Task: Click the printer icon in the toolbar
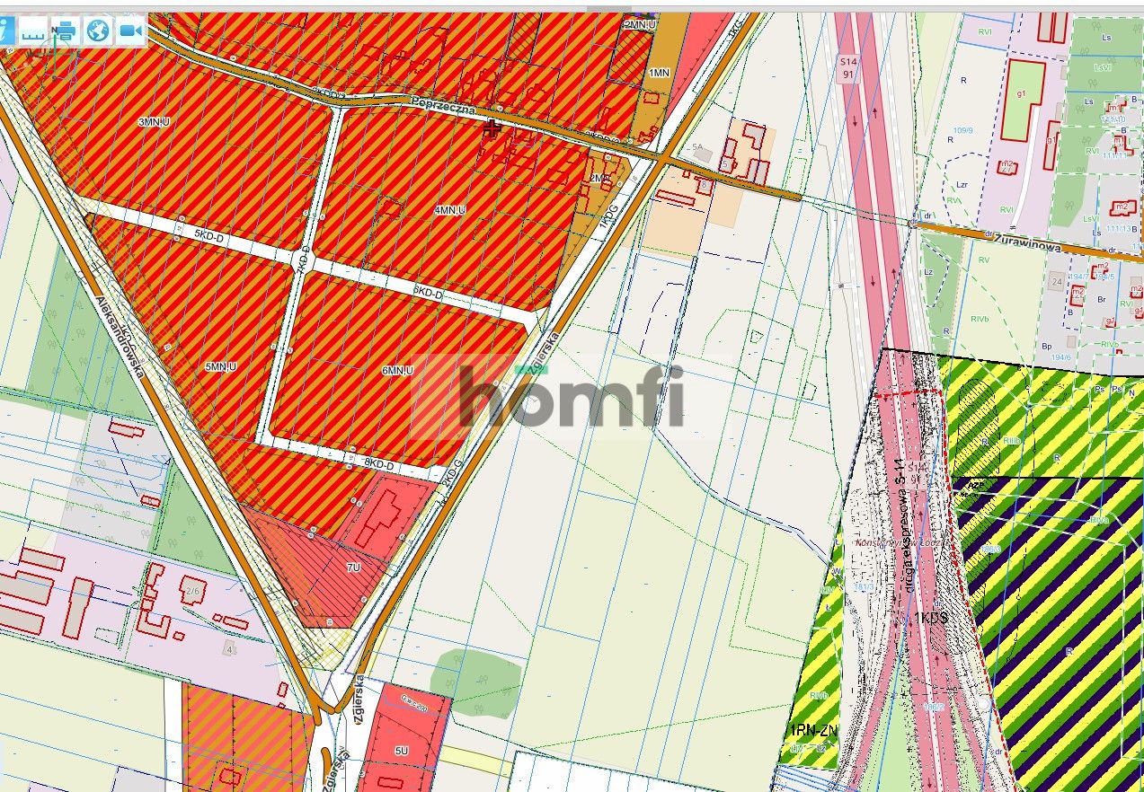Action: click(x=65, y=31)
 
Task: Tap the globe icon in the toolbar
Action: click(x=97, y=31)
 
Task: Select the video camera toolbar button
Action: click(x=130, y=31)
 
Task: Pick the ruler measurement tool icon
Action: click(x=33, y=31)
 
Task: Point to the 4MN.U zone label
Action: click(x=449, y=210)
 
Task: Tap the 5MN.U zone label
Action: click(x=220, y=367)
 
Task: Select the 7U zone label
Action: click(x=353, y=568)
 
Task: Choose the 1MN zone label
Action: click(x=659, y=72)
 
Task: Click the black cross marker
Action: click(x=492, y=128)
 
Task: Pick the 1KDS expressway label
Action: click(x=930, y=619)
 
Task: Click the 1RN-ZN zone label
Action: click(x=813, y=731)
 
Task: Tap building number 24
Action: click(x=1055, y=282)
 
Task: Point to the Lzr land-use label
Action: click(x=962, y=184)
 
